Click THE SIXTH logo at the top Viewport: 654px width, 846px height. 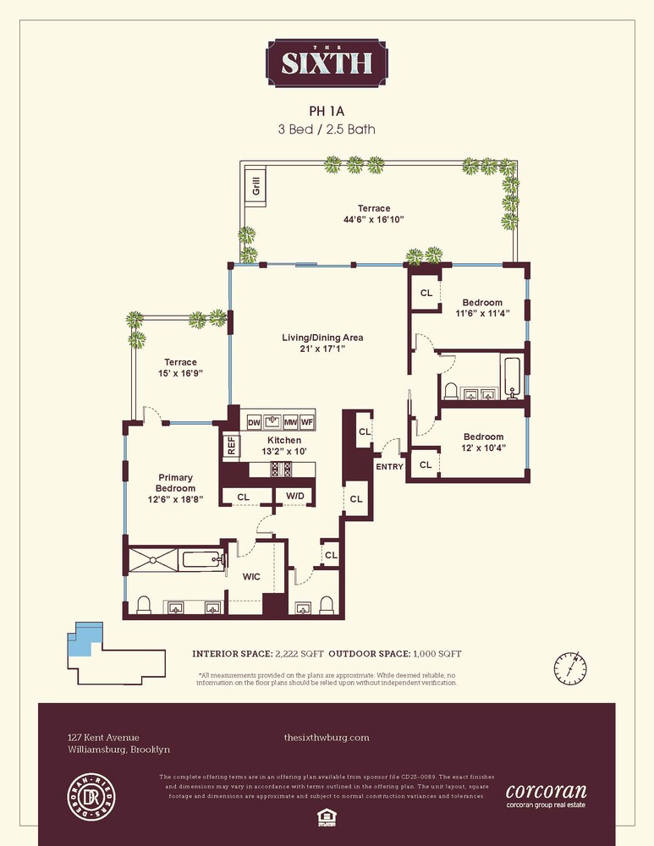[327, 63]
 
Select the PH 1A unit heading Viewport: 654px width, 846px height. [326, 110]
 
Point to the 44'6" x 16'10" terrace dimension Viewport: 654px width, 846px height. [373, 220]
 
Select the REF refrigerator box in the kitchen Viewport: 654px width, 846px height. [229, 445]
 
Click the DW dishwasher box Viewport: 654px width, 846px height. [253, 422]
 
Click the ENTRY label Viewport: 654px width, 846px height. [389, 466]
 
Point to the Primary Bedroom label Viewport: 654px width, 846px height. [176, 483]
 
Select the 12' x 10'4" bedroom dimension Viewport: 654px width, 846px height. [482, 448]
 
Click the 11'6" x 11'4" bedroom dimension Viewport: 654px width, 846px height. [482, 315]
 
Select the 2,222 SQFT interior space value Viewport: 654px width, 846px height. [298, 654]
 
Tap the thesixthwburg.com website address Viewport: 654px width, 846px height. [327, 738]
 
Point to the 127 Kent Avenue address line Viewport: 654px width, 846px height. [103, 738]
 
